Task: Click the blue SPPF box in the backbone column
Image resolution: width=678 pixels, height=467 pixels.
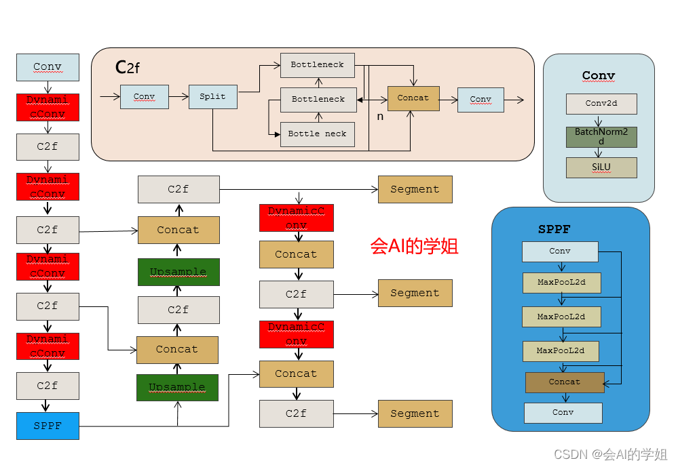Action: (x=48, y=426)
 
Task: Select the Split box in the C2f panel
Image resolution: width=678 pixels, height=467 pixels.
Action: (x=212, y=96)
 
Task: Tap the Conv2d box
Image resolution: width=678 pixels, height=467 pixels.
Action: (x=601, y=104)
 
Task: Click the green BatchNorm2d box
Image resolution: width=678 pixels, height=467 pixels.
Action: (x=601, y=137)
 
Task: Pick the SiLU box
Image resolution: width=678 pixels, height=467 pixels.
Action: (x=601, y=167)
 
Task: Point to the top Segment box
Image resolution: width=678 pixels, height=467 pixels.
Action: (x=415, y=189)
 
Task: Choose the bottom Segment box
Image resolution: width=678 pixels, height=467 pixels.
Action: (x=415, y=413)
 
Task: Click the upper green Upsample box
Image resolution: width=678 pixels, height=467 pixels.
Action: (x=178, y=272)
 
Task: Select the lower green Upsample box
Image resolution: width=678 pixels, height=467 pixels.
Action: (x=177, y=387)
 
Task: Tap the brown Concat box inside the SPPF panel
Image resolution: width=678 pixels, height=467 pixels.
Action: (x=565, y=382)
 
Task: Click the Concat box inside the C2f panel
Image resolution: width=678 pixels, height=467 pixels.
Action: (x=413, y=98)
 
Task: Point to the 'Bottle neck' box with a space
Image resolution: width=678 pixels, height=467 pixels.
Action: (x=317, y=134)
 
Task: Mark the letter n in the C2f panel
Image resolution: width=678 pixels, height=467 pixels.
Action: (x=380, y=117)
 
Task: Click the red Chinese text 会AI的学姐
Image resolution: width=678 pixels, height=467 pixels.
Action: (x=415, y=246)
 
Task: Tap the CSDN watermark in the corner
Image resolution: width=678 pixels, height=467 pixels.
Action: (x=610, y=454)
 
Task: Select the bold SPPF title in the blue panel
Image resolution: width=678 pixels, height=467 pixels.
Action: (x=554, y=229)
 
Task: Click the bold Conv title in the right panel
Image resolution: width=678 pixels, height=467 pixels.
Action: (x=599, y=75)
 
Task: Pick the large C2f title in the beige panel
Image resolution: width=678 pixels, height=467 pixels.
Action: (x=128, y=67)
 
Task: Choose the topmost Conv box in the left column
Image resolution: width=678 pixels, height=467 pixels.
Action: (x=48, y=67)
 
